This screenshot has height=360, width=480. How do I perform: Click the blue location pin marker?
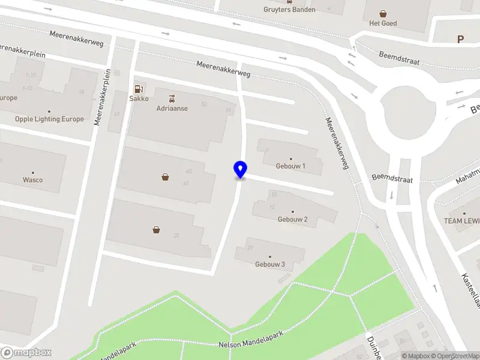pyautogui.click(x=240, y=170)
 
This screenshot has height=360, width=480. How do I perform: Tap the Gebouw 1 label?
pyautogui.click(x=291, y=166)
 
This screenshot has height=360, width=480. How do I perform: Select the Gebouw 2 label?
pyautogui.click(x=293, y=220)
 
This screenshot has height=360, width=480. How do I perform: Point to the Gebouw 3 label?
pyautogui.click(x=270, y=265)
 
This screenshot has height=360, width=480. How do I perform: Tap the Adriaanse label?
pyautogui.click(x=173, y=109)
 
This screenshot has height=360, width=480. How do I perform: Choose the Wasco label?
pyautogui.click(x=33, y=179)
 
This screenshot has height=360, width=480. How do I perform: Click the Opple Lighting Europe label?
pyautogui.click(x=49, y=119)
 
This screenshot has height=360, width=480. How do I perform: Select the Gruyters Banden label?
pyautogui.click(x=289, y=9)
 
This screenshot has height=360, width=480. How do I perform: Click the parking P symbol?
pyautogui.click(x=461, y=40)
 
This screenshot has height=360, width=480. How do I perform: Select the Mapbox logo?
pyautogui.click(x=26, y=353)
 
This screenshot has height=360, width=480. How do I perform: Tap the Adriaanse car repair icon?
pyautogui.click(x=173, y=98)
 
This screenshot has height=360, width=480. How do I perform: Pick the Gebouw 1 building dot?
pyautogui.click(x=291, y=158)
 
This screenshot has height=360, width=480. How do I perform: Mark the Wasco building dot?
pyautogui.click(x=33, y=172)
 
